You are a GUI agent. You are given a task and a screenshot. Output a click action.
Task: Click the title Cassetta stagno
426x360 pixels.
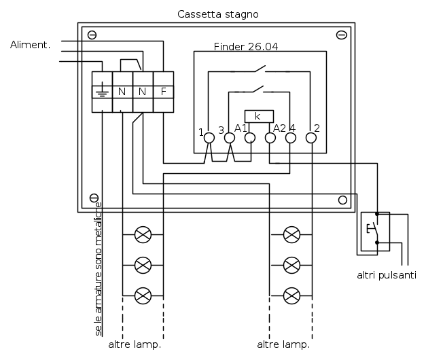coord(217,14)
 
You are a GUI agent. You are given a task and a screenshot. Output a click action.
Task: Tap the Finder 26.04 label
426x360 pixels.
coord(246,47)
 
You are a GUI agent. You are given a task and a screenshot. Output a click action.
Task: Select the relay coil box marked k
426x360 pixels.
coord(258,116)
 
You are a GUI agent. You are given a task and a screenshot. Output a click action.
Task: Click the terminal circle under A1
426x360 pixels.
coord(249,138)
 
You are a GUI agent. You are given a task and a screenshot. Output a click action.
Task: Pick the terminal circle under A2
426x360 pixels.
coord(270,138)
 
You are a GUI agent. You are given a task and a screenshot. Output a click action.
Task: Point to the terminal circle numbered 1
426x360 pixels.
coord(209,138)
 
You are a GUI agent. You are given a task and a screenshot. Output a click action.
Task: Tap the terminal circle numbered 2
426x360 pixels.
coord(311,138)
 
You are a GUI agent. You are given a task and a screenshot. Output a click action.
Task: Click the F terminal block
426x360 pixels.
coord(163,91)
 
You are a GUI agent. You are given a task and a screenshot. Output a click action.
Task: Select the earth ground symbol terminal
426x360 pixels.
coord(102,91)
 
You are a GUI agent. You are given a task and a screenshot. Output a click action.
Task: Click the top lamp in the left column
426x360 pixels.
coord(143,235)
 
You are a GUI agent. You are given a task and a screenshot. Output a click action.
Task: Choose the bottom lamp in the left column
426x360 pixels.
coord(143,295)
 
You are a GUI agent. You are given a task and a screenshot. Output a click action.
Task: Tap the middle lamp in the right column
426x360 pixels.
coord(291,264)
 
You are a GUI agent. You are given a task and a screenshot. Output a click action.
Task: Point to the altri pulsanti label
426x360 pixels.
coord(386,275)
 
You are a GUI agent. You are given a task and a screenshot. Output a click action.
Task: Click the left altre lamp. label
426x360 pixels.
coord(135,344)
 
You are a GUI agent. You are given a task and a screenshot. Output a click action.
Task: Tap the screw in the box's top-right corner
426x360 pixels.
coord(342,35)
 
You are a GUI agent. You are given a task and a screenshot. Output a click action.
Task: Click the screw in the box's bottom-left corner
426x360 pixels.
coord(93,200)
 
